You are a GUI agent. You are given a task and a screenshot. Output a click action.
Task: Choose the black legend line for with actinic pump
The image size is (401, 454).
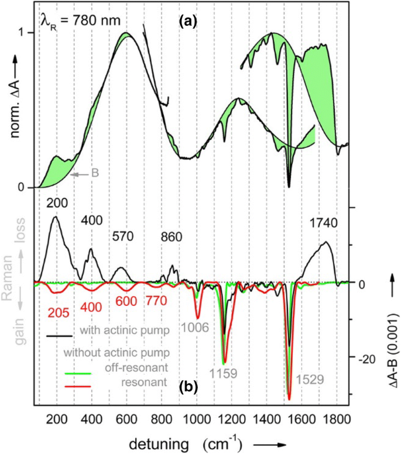tap(59, 335)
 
